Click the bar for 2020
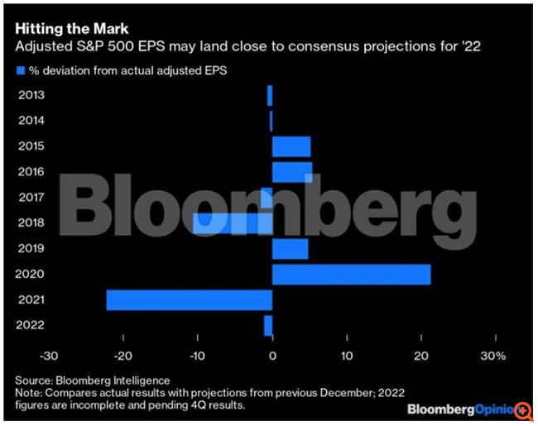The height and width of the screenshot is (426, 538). pos(351,274)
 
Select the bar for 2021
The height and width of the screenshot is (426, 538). pos(189,299)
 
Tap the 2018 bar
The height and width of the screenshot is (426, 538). pos(233,223)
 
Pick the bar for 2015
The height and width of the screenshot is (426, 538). pos(291,146)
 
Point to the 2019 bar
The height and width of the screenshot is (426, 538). pos(290,248)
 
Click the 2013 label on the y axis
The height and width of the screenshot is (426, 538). pos(31,95)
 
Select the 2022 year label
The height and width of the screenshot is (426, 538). pos(31,326)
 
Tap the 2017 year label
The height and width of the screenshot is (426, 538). pos(31,198)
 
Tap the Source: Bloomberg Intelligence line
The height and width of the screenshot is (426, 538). pos(92,380)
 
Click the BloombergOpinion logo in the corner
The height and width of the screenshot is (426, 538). pos(459,410)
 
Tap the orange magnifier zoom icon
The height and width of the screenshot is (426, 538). pos(523,410)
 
